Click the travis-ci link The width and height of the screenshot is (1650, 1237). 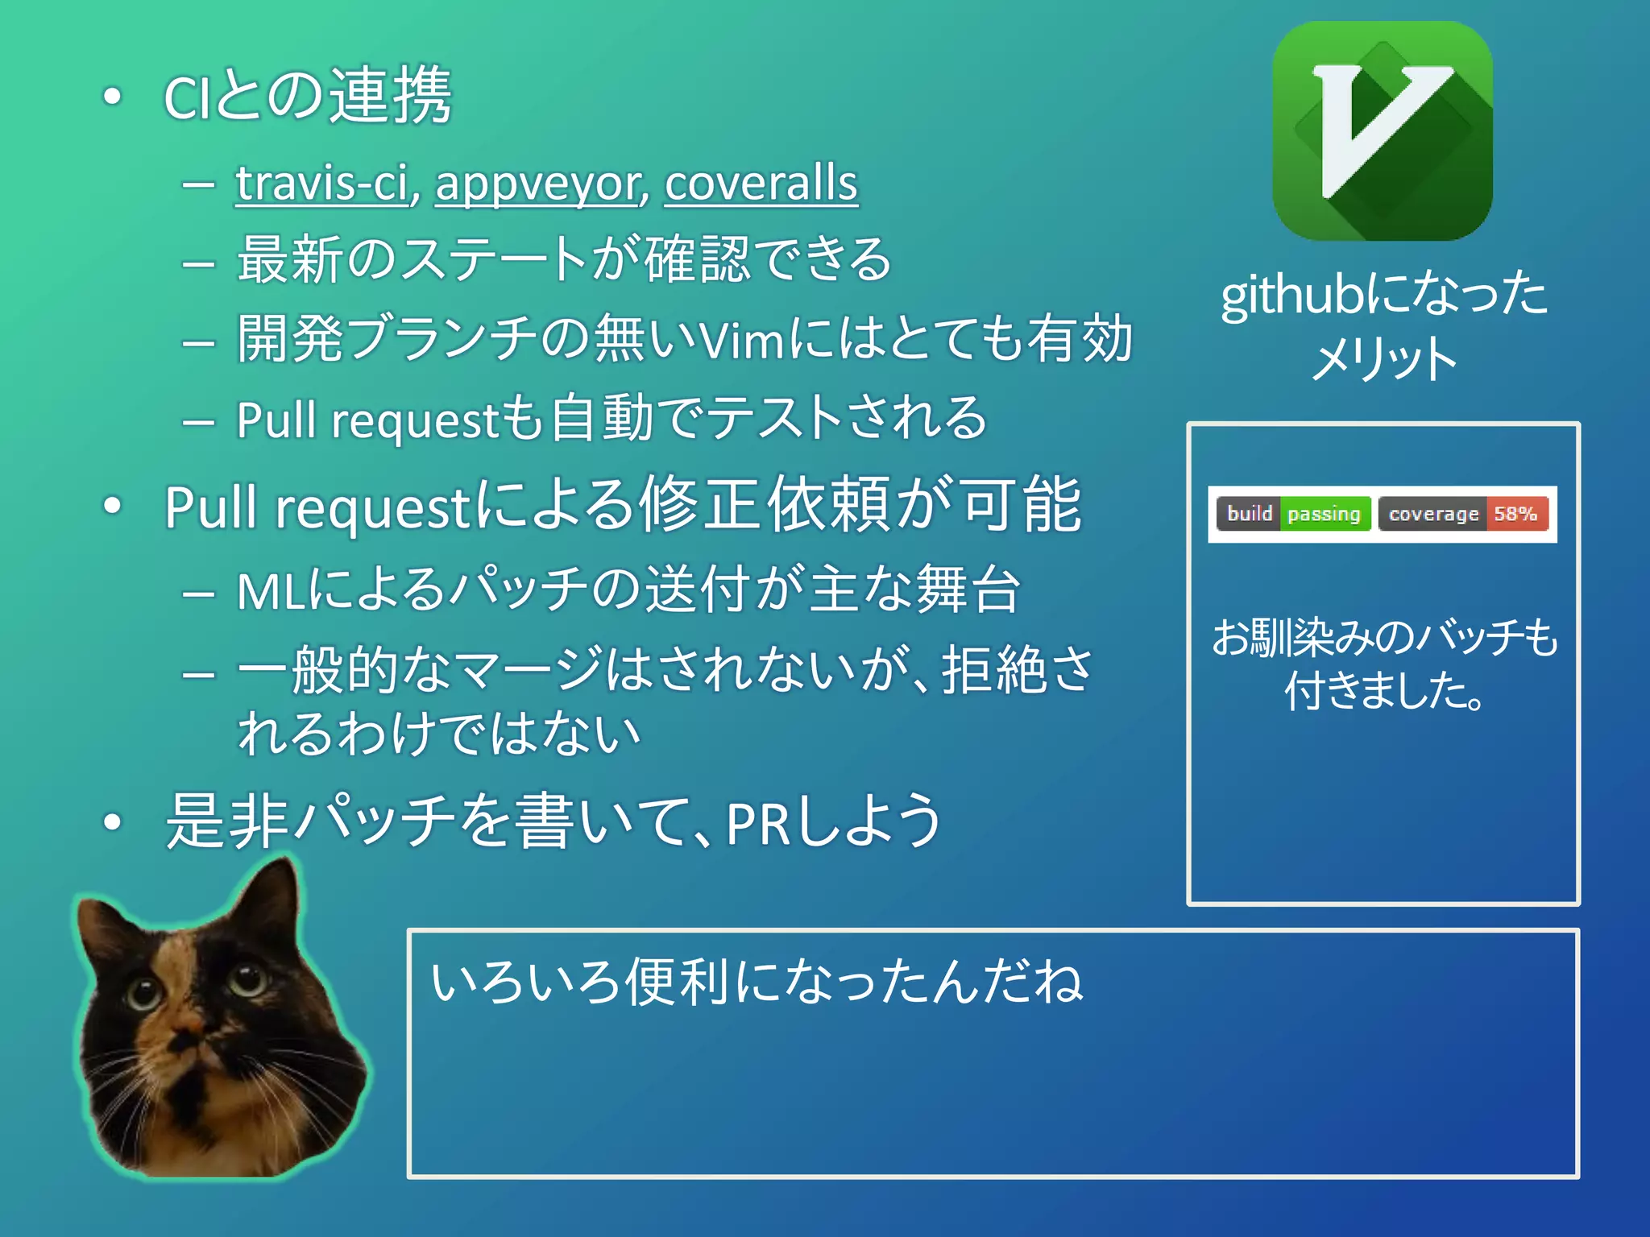322,184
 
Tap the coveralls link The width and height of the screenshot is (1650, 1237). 761,184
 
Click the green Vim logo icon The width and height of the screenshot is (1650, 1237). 1383,131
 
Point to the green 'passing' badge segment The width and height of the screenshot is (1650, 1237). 1324,514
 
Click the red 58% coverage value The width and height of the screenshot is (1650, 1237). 1515,514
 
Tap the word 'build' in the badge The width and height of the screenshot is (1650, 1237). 1249,514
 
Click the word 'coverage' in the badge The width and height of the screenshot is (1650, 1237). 1433,514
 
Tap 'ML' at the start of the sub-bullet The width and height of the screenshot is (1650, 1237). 271,590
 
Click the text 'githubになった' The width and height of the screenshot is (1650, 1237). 1383,294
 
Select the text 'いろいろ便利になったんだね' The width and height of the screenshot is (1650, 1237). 757,983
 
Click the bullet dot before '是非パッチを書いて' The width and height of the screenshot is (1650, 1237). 113,822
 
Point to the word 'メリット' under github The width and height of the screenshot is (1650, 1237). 1383,358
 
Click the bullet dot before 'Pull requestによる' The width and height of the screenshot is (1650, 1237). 113,506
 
